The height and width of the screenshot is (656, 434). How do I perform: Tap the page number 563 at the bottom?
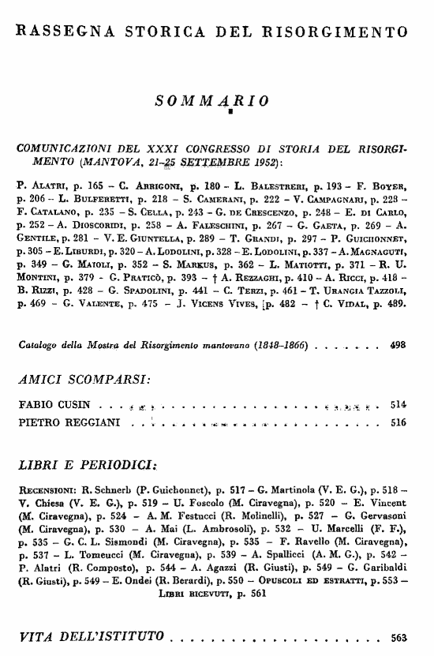(x=398, y=636)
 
